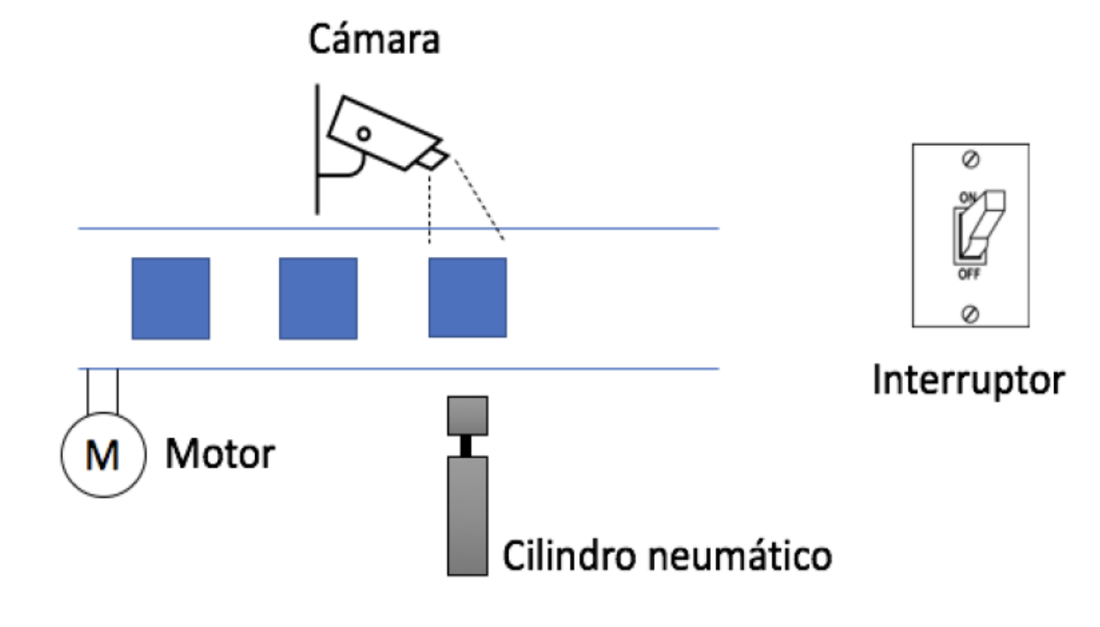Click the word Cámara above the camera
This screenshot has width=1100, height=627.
[x=373, y=42]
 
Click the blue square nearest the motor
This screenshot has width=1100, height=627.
[x=170, y=298]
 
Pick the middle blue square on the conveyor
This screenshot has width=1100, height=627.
[x=318, y=298]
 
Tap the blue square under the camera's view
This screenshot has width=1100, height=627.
[x=467, y=298]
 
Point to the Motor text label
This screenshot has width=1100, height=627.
[x=221, y=455]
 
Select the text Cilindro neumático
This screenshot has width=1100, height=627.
[x=667, y=556]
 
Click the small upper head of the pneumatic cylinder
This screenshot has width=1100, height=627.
[x=468, y=416]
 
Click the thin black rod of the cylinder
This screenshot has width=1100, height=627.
[x=468, y=446]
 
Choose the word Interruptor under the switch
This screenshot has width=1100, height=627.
[x=968, y=381]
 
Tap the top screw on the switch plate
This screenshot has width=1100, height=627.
[x=969, y=160]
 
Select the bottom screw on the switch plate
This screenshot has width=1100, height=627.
[x=969, y=313]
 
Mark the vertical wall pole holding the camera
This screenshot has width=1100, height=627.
[x=316, y=150]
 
